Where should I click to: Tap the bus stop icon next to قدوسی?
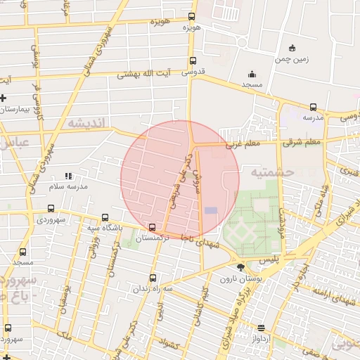193,61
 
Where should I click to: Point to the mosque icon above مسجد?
252,74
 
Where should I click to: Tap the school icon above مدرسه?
313,108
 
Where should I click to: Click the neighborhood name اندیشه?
89,123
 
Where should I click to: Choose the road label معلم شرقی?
302,143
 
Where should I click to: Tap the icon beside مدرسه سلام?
68,176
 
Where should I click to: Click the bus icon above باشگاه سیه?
105,217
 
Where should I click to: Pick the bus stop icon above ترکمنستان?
153,226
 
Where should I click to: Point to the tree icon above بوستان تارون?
241,267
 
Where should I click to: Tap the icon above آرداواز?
262,328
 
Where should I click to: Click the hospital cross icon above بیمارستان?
4,98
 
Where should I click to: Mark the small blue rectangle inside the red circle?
211,210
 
